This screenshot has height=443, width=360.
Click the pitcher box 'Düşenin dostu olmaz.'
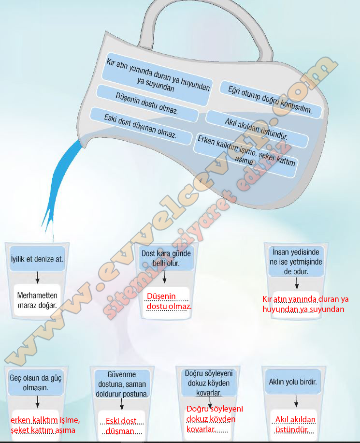click(x=147, y=103)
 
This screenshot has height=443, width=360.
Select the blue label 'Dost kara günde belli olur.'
click(x=166, y=259)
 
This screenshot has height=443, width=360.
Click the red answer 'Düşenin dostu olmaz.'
click(x=169, y=301)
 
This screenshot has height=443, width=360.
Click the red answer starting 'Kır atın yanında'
click(x=305, y=304)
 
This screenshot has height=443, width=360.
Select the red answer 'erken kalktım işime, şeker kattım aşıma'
click(x=45, y=424)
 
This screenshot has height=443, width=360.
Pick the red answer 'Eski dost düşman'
click(x=120, y=426)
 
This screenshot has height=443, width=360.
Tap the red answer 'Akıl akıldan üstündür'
click(x=295, y=424)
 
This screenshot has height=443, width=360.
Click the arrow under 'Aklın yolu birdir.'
click(x=295, y=401)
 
